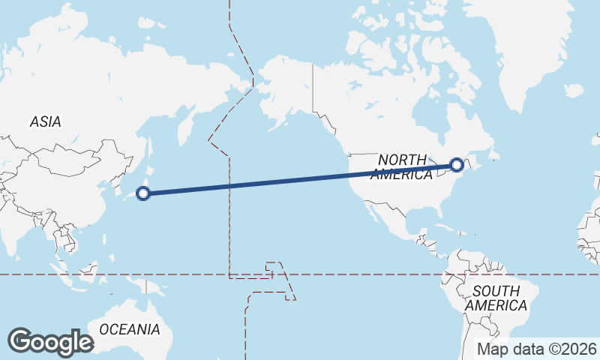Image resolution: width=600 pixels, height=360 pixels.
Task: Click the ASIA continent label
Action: (46, 121)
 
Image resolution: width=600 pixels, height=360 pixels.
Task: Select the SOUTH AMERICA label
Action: (496, 298)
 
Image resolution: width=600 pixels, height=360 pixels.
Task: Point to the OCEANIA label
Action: (130, 329)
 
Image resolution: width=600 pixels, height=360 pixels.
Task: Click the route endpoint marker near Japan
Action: (143, 193)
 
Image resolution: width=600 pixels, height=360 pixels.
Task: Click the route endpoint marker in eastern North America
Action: (457, 165)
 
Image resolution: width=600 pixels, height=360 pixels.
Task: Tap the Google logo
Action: (50, 341)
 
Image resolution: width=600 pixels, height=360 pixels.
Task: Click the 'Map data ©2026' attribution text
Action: (537, 349)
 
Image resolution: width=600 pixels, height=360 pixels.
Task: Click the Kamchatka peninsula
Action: (182, 127)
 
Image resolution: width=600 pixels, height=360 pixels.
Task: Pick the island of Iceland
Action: (573, 91)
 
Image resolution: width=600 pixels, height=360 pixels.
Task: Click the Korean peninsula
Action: (119, 184)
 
